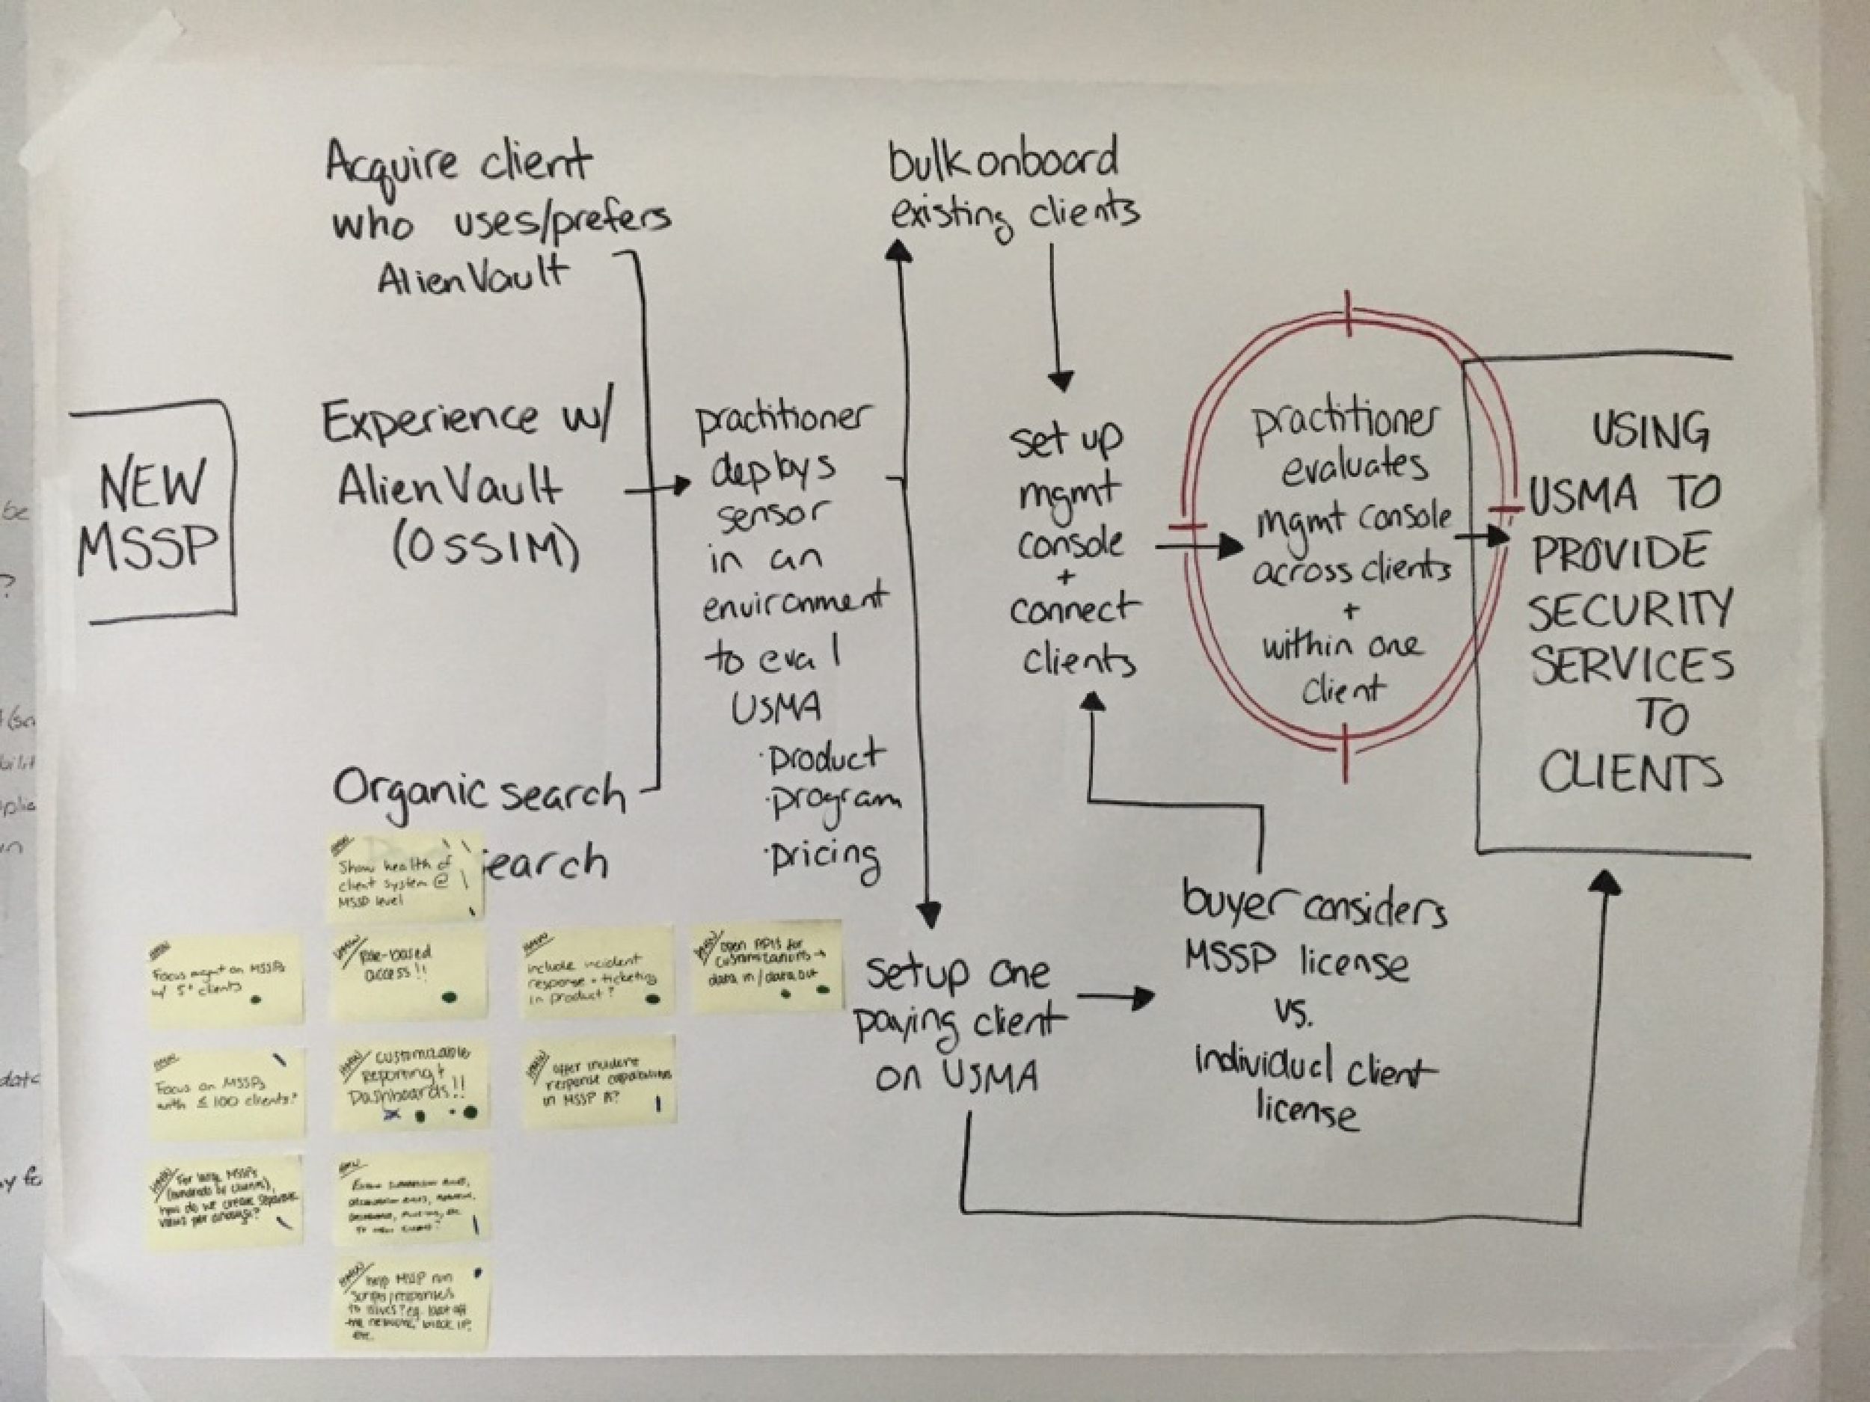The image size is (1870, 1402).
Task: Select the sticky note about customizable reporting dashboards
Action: tap(409, 1086)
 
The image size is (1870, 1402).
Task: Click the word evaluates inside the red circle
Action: tap(1352, 467)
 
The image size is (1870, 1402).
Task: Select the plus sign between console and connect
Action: tap(1066, 578)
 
